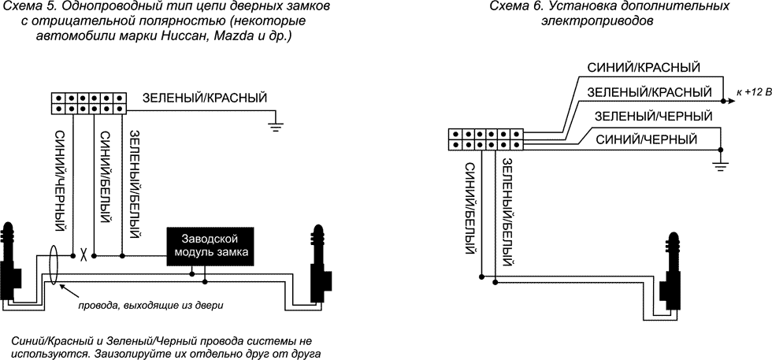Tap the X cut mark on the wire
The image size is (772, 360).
click(83, 255)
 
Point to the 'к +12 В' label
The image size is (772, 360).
click(751, 93)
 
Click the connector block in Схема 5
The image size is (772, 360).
click(89, 102)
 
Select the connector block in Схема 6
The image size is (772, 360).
click(485, 139)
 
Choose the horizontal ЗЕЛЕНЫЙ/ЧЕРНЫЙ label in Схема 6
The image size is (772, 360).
click(653, 116)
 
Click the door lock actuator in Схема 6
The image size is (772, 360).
click(674, 276)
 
